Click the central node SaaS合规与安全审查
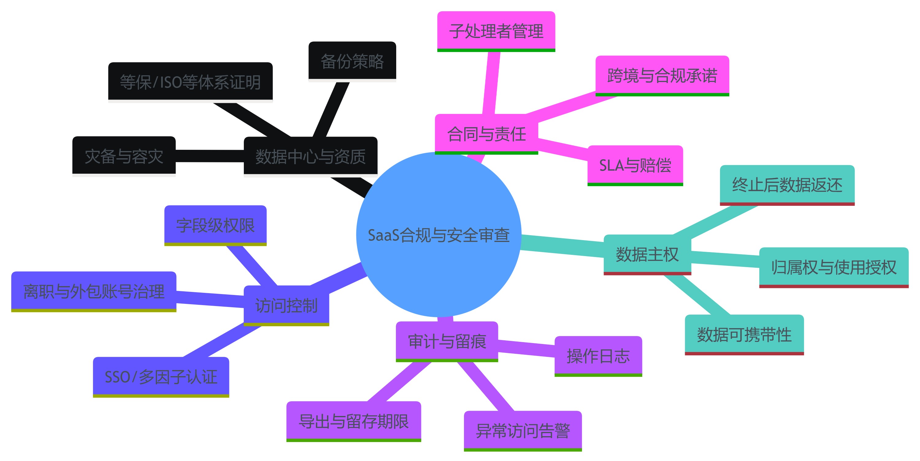(439, 234)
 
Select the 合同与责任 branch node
(486, 134)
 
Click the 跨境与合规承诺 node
(662, 75)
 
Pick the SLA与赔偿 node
(635, 165)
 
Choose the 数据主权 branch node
(647, 255)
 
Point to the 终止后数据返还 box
(787, 185)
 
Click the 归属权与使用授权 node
(833, 267)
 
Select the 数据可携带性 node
(744, 334)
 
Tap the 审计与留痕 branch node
(447, 341)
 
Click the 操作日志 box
(598, 356)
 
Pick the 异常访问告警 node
(523, 431)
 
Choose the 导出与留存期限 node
(354, 421)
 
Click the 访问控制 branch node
(286, 305)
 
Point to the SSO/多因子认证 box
(161, 377)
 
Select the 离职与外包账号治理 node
(94, 291)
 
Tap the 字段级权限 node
(215, 225)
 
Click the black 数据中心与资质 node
(310, 156)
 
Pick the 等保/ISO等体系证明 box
(190, 82)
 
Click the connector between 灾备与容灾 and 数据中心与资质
(210, 156)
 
